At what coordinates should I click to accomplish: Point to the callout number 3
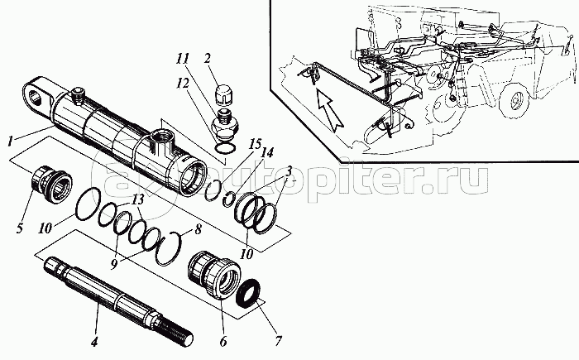click(288, 170)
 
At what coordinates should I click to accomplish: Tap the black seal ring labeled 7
click(249, 295)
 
